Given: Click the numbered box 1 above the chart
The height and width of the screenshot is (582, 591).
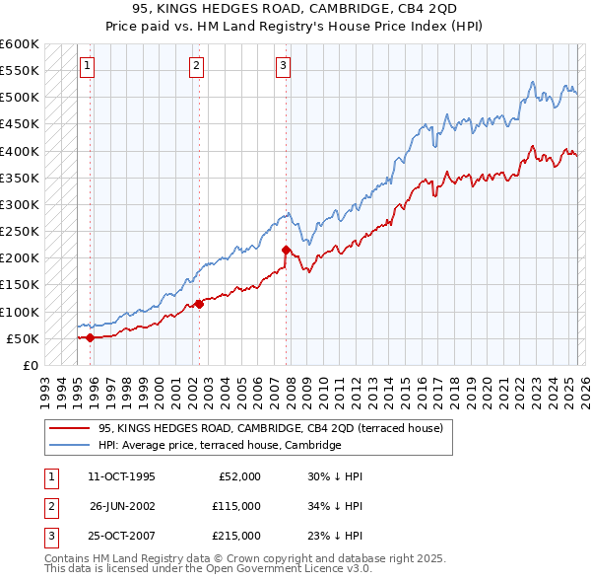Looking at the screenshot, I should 87,66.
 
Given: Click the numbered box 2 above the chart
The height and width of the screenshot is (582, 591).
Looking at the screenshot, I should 196,66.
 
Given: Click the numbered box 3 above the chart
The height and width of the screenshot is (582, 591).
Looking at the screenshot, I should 283,66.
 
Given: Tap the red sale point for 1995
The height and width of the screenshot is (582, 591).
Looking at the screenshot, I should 91,337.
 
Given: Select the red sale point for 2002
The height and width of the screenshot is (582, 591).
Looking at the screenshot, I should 199,304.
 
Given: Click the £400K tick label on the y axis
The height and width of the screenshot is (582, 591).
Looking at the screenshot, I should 20,151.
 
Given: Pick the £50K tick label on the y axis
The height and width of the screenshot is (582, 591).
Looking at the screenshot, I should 24,338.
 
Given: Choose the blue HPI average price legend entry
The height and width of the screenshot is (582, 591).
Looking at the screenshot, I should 219,446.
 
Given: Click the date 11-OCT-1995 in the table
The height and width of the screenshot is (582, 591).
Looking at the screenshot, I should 121,476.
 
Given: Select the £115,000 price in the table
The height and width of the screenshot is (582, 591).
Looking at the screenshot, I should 237,506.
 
